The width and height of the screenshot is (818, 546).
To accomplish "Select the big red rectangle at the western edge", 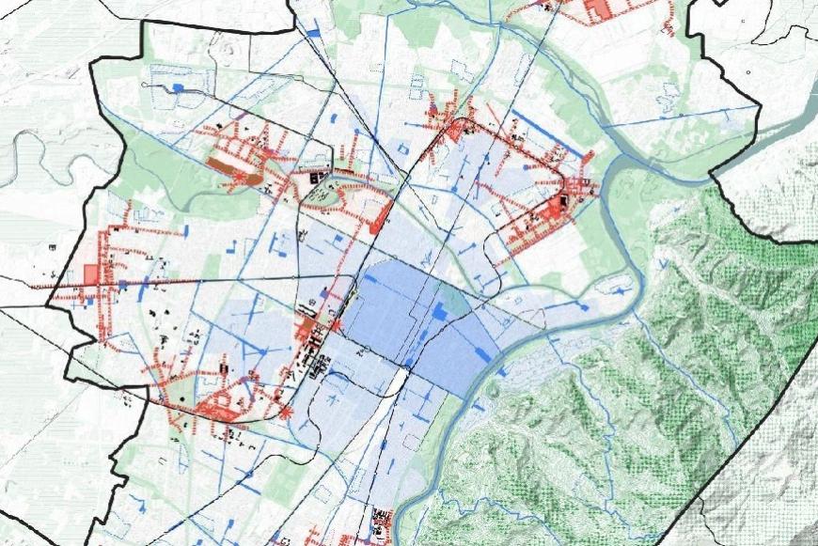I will point(90,274).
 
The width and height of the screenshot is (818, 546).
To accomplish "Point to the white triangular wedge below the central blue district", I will point(397,380).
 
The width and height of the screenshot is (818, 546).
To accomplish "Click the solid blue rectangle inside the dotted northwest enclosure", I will point(177,87).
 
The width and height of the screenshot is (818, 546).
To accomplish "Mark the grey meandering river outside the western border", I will point(28,150).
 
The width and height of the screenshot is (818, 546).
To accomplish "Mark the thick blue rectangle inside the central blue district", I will point(439,311).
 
